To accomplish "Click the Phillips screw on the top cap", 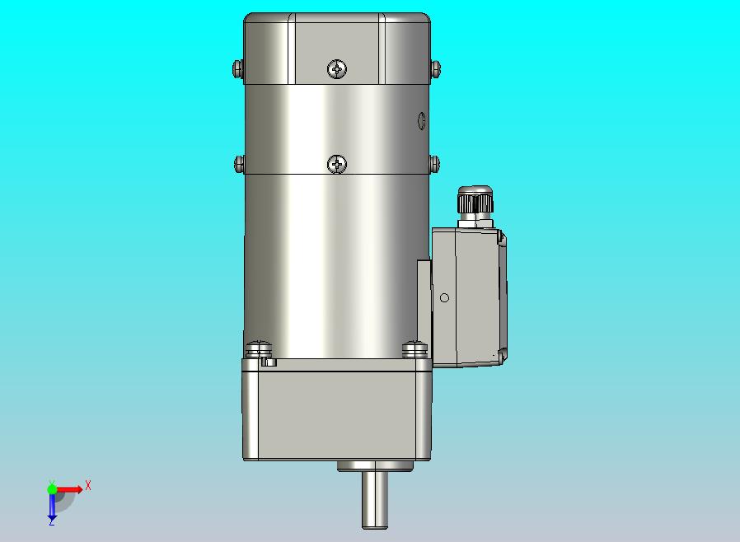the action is coord(337,69).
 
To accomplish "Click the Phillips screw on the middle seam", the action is coord(337,164).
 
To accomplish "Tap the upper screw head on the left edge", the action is coord(238,69).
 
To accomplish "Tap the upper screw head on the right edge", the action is coord(436,69).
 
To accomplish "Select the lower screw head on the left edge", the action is coord(239,164).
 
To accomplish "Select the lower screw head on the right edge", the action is coord(434,164).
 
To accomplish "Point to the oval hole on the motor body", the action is coord(421,121).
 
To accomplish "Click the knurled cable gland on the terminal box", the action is coord(475,200).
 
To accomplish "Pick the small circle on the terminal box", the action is coord(444,297).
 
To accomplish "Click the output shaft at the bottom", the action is coord(375,500).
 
